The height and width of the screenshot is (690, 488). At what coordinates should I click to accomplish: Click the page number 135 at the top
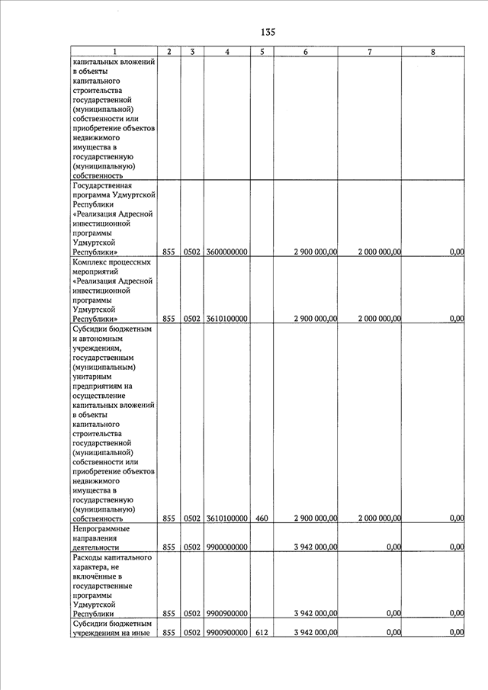(x=267, y=32)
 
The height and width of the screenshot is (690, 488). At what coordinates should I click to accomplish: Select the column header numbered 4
(x=227, y=52)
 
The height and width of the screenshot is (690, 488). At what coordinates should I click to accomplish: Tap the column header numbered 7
(x=369, y=52)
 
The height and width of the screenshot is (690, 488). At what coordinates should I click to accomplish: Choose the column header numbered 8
(x=433, y=52)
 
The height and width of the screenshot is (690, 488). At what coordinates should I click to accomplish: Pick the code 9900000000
(x=226, y=547)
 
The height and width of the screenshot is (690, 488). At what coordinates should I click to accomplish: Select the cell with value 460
(x=262, y=518)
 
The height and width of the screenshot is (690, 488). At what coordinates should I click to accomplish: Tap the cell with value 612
(x=262, y=632)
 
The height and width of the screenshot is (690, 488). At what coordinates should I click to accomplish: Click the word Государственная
(x=102, y=185)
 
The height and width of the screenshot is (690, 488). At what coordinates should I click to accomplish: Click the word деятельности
(x=95, y=547)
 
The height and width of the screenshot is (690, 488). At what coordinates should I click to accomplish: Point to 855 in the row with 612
(x=169, y=632)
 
